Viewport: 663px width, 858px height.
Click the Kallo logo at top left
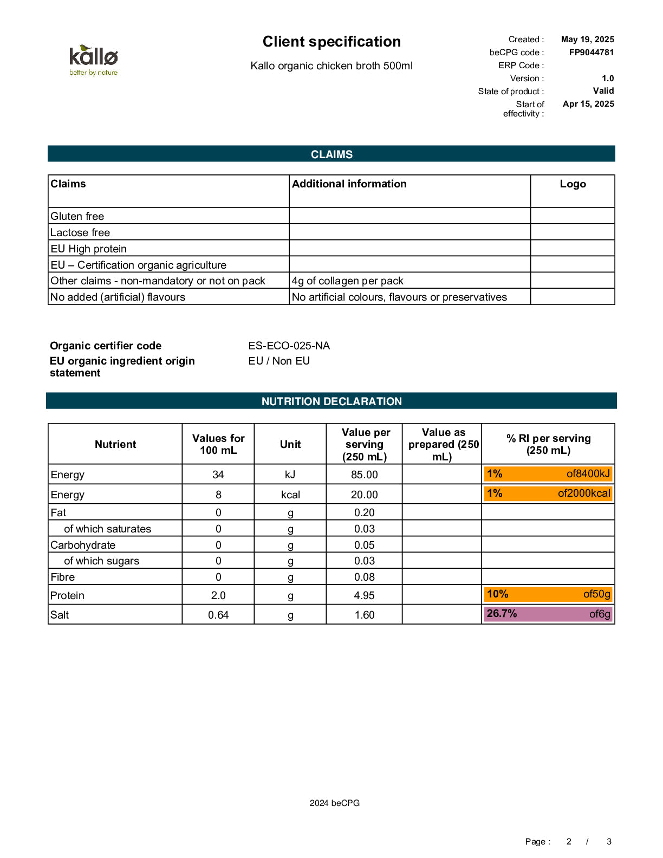pyautogui.click(x=93, y=60)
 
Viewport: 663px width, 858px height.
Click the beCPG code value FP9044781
pyautogui.click(x=591, y=53)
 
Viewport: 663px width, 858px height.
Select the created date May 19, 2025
pyautogui.click(x=587, y=40)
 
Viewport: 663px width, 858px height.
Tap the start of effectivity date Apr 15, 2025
pyautogui.click(x=588, y=104)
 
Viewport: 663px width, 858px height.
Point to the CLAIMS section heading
pyautogui.click(x=331, y=154)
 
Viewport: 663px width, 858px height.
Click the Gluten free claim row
pyautogui.click(x=77, y=216)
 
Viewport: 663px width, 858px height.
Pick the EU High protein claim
pyautogui.click(x=89, y=249)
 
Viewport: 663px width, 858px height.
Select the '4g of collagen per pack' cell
pyautogui.click(x=347, y=281)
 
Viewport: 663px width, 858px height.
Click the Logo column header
pyautogui.click(x=573, y=184)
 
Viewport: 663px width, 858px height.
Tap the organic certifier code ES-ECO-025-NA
pyautogui.click(x=289, y=346)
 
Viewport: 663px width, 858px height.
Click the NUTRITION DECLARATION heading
pyautogui.click(x=331, y=401)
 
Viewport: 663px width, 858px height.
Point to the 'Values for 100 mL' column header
pyautogui.click(x=218, y=444)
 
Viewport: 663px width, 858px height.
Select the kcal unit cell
pyautogui.click(x=290, y=495)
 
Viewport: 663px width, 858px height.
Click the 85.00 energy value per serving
pyautogui.click(x=364, y=474)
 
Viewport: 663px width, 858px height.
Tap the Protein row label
pyautogui.click(x=68, y=595)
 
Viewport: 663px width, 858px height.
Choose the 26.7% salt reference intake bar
pyautogui.click(x=548, y=614)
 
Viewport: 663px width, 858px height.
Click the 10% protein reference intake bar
pyautogui.click(x=548, y=594)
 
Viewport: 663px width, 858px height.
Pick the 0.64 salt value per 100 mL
pyautogui.click(x=218, y=615)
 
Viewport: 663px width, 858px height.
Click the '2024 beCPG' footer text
pyautogui.click(x=334, y=803)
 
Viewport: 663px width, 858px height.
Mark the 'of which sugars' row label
pyautogui.click(x=101, y=561)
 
